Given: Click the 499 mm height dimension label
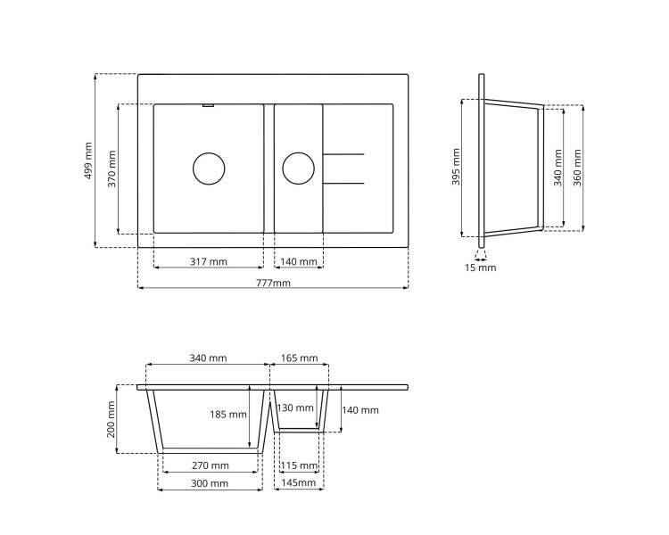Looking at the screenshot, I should click(x=88, y=160).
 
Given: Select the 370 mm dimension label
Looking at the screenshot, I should click(x=112, y=168).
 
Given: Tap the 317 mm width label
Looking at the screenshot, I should click(x=208, y=262).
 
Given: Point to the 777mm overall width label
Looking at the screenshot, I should click(x=273, y=284).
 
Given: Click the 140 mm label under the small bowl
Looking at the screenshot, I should click(x=298, y=262).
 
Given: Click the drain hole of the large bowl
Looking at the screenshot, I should click(x=209, y=169).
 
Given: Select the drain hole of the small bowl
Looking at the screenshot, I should click(x=298, y=169).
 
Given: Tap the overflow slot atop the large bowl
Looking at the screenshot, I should click(x=208, y=105).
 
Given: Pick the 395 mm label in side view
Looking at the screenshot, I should click(x=456, y=167).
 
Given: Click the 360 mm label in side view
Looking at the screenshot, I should click(x=577, y=167).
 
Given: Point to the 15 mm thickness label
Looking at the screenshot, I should click(x=480, y=267).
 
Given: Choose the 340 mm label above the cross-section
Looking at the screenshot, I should click(x=208, y=358).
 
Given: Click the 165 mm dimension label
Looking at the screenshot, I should click(x=299, y=358).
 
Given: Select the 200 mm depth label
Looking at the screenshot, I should click(x=111, y=418).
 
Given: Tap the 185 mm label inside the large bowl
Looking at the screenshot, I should click(x=229, y=415).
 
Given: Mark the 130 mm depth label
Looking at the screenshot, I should click(x=295, y=408).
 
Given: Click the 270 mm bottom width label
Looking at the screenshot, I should click(x=211, y=465).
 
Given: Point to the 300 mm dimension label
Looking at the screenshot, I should click(x=210, y=483).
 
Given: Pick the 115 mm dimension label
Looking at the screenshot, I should click(x=299, y=465).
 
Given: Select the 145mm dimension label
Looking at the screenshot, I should click(x=299, y=483).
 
